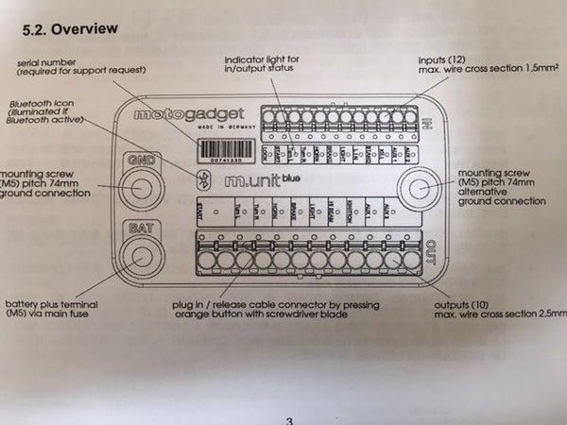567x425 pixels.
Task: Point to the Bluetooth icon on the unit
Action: (x=200, y=179)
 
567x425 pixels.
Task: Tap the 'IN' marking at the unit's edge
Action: (x=427, y=122)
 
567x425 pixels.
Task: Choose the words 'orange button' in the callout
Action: (x=210, y=314)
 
